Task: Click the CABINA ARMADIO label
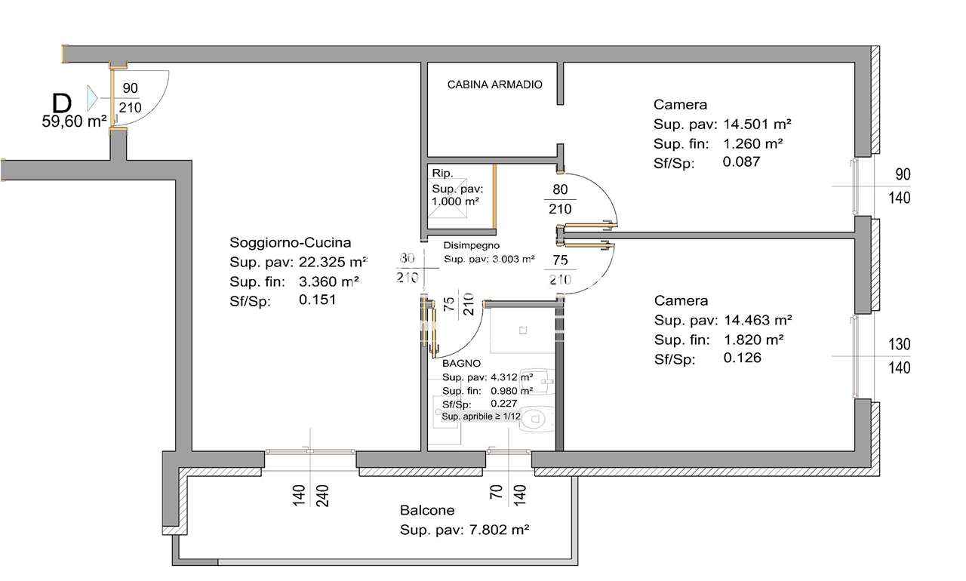(x=494, y=85)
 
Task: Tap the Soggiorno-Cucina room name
(x=291, y=243)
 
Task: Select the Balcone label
(x=427, y=510)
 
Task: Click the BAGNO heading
(x=461, y=364)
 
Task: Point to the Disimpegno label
(x=472, y=245)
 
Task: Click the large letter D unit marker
(x=62, y=103)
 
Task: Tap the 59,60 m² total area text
(x=74, y=121)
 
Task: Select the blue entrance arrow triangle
(x=92, y=98)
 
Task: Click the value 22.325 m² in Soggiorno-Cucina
(x=333, y=262)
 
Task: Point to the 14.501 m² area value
(x=757, y=124)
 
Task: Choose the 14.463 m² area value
(x=758, y=320)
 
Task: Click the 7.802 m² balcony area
(x=499, y=530)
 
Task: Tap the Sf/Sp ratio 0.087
(x=741, y=161)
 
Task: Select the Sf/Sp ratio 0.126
(x=742, y=358)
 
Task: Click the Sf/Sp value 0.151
(x=318, y=300)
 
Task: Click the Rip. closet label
(x=442, y=174)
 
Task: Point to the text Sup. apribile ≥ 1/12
(x=481, y=417)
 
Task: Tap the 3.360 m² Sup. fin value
(x=328, y=281)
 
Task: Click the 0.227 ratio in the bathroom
(x=503, y=404)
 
